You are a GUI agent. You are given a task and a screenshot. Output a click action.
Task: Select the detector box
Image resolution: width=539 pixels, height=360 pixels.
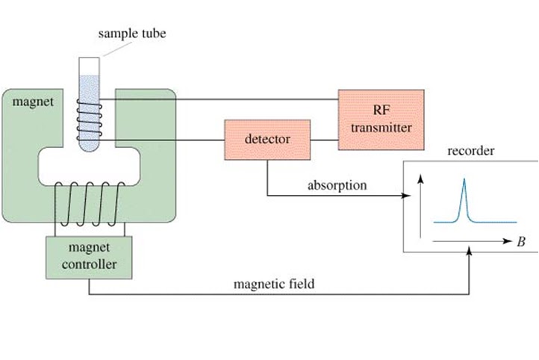click(267, 139)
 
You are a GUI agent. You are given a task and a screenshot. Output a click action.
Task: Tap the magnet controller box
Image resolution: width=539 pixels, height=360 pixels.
click(89, 255)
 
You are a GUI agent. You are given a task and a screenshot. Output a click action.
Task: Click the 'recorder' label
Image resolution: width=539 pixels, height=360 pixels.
click(470, 151)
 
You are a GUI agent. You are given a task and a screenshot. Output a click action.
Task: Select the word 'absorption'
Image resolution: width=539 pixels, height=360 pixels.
click(337, 185)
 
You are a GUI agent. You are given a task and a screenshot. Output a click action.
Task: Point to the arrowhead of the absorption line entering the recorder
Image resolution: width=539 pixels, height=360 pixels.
click(408, 197)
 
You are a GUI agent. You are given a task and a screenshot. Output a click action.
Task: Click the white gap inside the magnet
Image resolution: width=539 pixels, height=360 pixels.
click(88, 166)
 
